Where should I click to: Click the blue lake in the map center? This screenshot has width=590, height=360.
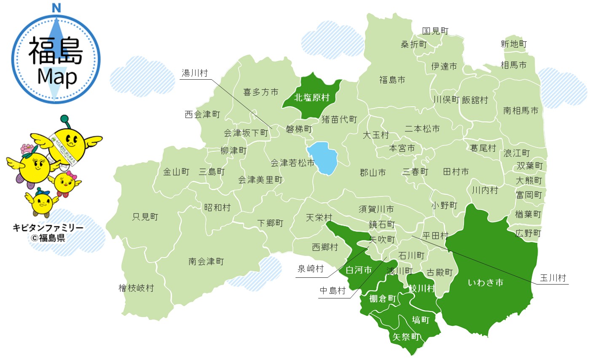[x=323, y=158]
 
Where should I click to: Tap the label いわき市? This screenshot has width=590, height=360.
[x=485, y=282]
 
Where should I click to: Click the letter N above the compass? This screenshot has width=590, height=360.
[x=56, y=7]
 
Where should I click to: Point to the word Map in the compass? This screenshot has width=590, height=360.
[x=56, y=77]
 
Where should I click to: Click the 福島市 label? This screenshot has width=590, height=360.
[x=392, y=79]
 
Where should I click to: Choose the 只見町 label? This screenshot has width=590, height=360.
[x=145, y=217]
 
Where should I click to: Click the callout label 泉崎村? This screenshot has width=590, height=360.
[x=311, y=269]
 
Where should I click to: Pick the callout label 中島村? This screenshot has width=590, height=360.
[x=332, y=290]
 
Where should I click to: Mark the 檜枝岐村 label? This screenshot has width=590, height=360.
[x=136, y=288]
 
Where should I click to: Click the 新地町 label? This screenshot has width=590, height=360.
[x=513, y=44]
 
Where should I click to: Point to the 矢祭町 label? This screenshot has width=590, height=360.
[x=406, y=337]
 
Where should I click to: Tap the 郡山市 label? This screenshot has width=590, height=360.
[x=373, y=172]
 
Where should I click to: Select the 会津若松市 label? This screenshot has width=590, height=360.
[x=292, y=162]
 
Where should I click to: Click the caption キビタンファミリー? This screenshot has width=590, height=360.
[x=48, y=228]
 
